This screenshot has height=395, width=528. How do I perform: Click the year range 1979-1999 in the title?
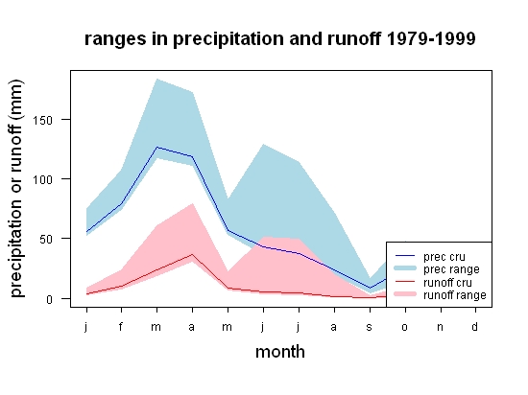tap(431, 38)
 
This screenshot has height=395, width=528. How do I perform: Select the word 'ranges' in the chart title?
tap(115, 40)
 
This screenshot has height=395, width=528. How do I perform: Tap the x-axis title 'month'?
tap(280, 352)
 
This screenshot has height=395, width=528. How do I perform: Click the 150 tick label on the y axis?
tap(43, 120)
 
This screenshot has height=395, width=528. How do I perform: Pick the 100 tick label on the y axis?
tap(43, 179)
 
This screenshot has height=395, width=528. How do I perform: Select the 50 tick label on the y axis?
tap(46, 240)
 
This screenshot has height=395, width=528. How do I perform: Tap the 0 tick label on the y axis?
tap(50, 299)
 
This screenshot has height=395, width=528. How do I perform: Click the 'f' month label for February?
tap(121, 326)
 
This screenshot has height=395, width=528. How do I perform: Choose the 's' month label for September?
tap(370, 327)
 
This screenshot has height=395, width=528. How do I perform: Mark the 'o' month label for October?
tap(405, 327)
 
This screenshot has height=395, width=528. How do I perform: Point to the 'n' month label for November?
tap(440, 327)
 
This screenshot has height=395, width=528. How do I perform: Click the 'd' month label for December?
tap(474, 326)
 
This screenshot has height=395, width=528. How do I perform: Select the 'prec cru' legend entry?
tap(430, 257)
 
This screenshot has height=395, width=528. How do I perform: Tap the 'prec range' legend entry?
tap(437, 269)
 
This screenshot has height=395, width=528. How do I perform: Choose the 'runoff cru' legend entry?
tap(433, 283)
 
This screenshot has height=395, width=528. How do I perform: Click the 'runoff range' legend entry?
tap(441, 295)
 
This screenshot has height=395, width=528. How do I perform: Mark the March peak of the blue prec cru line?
tap(156, 147)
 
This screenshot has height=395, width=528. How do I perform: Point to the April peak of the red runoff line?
tap(192, 254)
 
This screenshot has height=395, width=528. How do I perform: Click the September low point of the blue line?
tap(370, 288)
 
